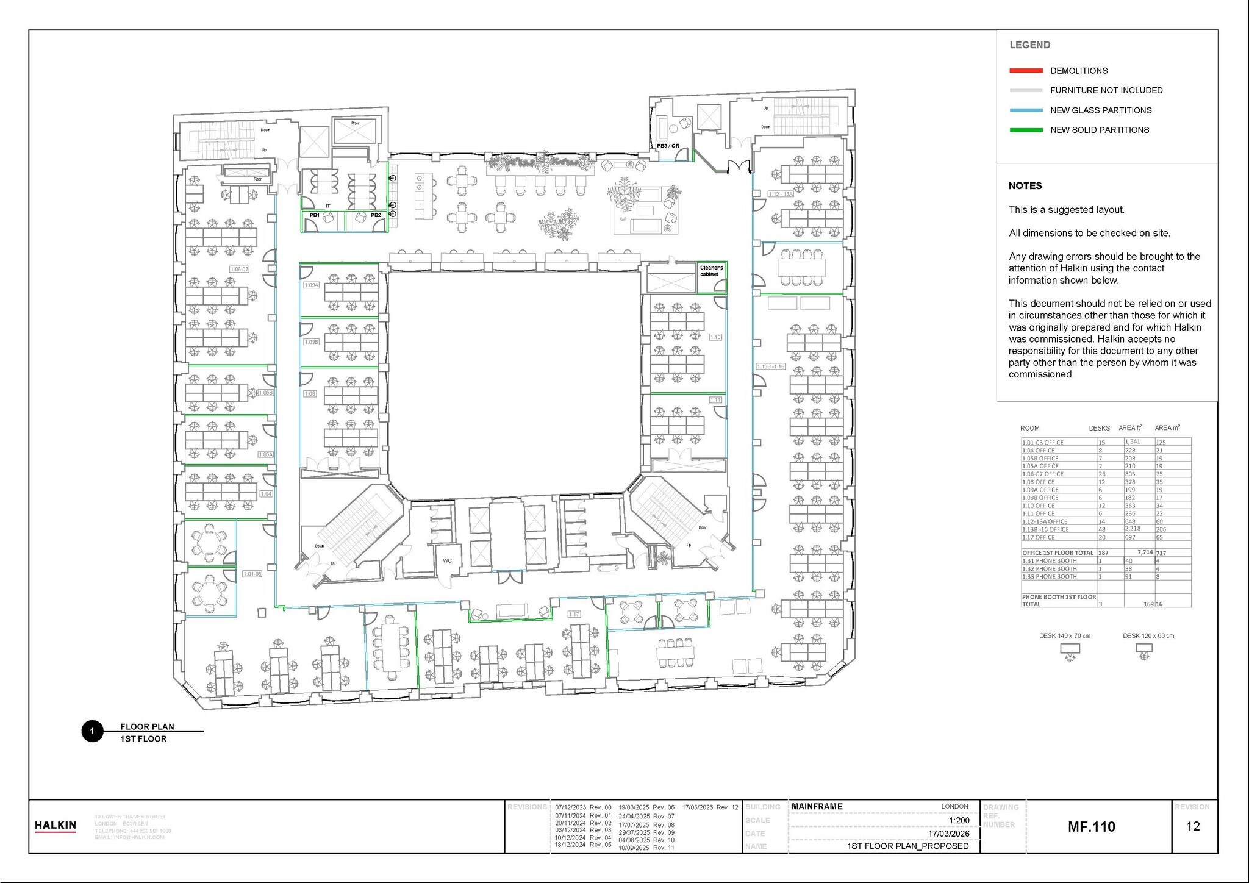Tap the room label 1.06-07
239,269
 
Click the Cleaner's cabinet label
711,271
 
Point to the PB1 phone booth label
315,215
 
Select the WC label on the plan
447,560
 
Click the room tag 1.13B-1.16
770,366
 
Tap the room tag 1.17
574,614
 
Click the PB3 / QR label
668,146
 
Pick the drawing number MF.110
1092,827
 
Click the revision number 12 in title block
1193,826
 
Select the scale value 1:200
959,820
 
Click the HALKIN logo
55,826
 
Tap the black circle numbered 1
92,731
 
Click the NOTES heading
1025,186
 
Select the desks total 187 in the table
1103,553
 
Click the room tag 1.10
715,337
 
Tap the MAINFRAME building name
817,806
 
